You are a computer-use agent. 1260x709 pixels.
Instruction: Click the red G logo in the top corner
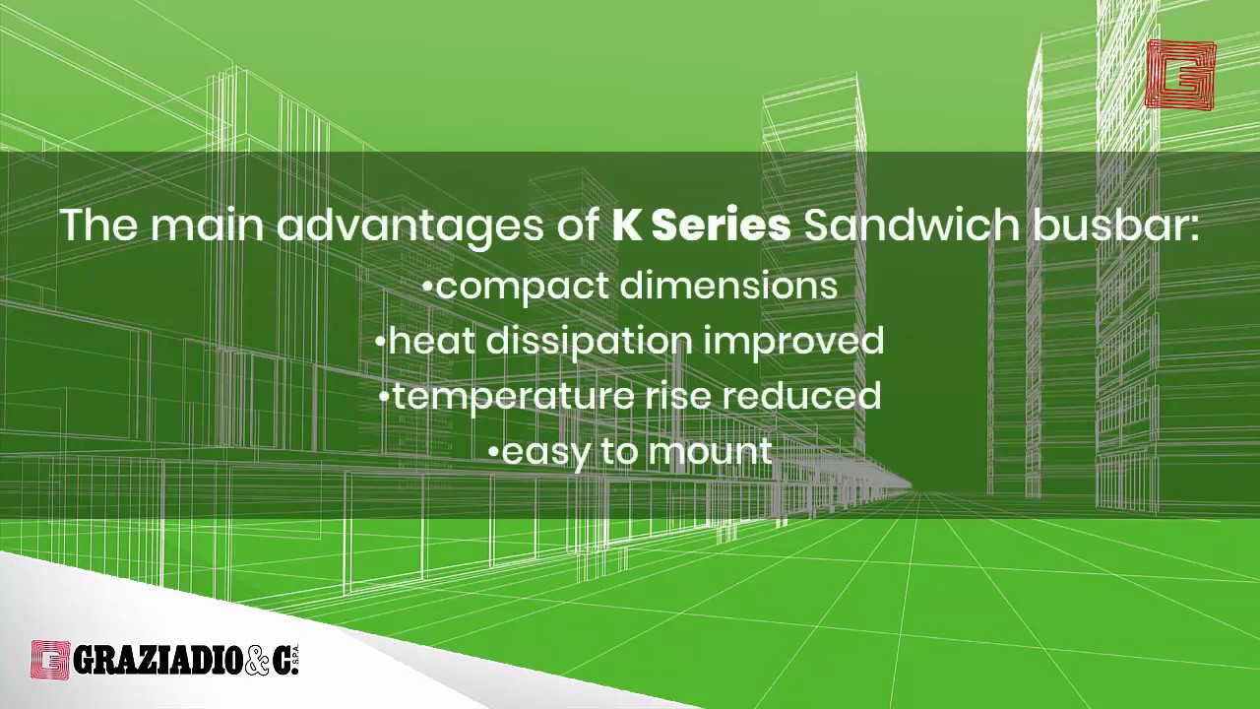pos(1180,75)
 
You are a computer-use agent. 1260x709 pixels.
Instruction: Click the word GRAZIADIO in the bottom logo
pos(157,661)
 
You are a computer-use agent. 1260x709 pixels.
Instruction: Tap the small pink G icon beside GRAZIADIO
pos(50,660)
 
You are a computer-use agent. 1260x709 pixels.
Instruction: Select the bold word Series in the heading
pos(721,226)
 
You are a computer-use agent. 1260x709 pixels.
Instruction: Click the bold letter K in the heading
pos(626,226)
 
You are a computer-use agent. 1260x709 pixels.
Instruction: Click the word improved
pos(793,342)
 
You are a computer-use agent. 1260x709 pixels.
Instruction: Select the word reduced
pos(801,396)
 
